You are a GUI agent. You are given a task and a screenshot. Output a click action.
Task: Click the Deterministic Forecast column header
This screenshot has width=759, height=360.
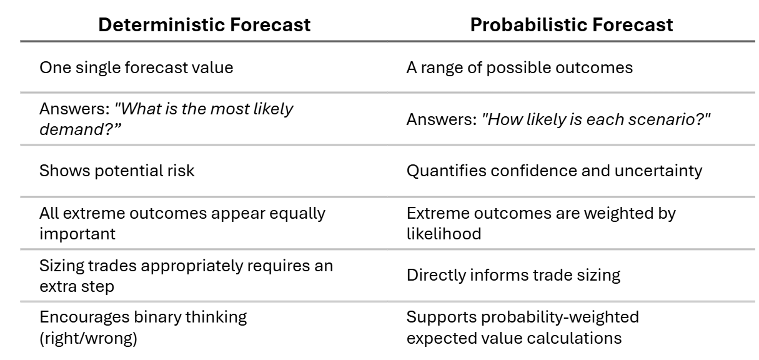click(x=204, y=24)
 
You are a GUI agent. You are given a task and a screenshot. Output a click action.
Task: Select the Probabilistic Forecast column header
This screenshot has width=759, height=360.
click(x=572, y=24)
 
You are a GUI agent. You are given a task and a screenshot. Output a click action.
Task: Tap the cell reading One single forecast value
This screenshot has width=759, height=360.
click(x=136, y=67)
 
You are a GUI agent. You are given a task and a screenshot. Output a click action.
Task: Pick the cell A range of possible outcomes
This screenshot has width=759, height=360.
click(x=519, y=67)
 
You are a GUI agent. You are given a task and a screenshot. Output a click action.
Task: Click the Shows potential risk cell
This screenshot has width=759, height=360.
click(x=117, y=171)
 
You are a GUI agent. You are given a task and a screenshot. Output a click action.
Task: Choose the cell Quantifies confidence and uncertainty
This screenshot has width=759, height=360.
click(x=554, y=171)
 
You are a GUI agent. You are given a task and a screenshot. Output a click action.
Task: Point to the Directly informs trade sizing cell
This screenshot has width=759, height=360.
click(x=513, y=275)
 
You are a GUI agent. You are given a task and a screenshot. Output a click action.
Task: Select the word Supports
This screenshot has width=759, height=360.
click(x=434, y=317)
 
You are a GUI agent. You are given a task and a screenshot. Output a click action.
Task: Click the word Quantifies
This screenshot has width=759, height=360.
click(x=439, y=171)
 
